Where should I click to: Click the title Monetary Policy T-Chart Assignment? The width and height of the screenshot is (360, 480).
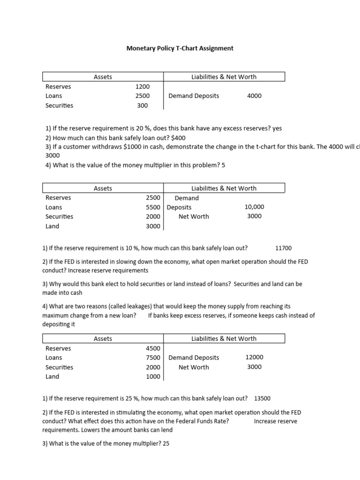click(180, 48)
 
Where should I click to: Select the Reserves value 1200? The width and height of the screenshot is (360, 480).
click(142, 87)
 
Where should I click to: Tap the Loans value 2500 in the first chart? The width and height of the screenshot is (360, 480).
click(142, 96)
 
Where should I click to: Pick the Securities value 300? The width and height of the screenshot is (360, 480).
click(142, 105)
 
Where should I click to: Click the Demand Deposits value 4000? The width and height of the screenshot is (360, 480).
click(254, 96)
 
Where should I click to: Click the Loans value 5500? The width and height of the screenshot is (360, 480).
click(153, 207)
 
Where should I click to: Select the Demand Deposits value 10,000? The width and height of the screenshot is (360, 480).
click(254, 207)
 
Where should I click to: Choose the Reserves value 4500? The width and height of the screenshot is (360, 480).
click(153, 348)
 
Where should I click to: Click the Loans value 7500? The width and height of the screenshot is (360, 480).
click(153, 358)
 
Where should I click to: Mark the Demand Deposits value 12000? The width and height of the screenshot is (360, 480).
click(254, 357)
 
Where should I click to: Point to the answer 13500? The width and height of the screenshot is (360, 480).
click(262, 399)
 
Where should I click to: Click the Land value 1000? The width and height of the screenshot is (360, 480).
click(153, 376)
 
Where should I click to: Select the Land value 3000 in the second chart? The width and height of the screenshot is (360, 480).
click(153, 226)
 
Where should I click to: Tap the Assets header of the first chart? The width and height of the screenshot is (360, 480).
click(103, 77)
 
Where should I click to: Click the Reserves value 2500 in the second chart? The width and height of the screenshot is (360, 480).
click(153, 198)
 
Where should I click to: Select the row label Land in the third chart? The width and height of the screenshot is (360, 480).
click(52, 376)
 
